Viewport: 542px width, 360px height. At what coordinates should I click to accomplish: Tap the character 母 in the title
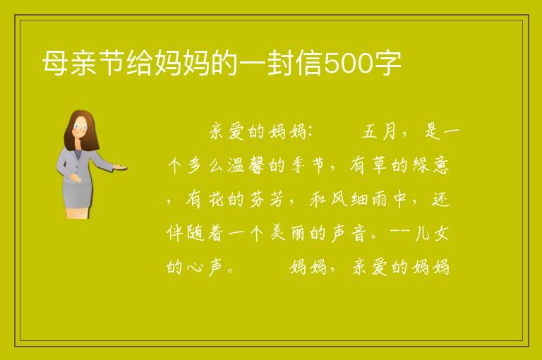(55, 63)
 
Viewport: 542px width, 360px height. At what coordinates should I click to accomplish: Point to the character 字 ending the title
(387, 63)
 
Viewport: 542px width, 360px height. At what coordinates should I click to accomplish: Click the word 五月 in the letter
(379, 131)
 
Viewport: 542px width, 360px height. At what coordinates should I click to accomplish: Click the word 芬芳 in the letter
(266, 199)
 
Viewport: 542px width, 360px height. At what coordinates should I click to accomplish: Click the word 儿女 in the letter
(432, 233)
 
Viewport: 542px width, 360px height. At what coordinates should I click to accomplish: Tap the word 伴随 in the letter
(186, 233)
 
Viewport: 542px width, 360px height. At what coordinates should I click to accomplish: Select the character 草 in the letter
(380, 165)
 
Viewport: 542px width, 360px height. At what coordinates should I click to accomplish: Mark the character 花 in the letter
(216, 199)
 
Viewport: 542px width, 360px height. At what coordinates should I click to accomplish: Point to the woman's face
(80, 127)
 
